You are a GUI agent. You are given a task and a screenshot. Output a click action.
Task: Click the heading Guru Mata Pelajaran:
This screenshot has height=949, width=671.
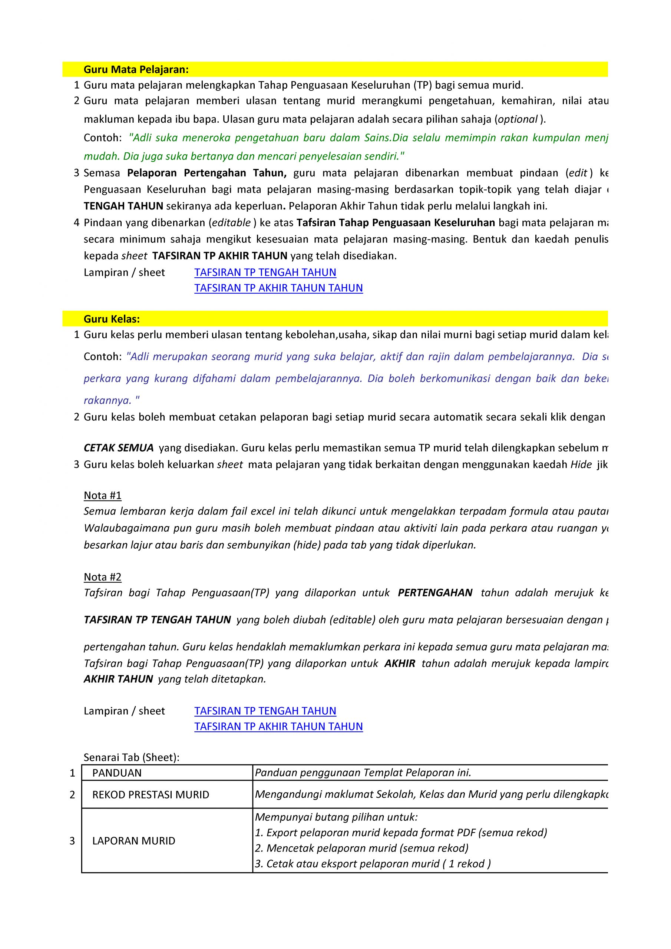136,69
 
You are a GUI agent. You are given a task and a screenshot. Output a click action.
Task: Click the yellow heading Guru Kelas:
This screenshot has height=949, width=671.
112,319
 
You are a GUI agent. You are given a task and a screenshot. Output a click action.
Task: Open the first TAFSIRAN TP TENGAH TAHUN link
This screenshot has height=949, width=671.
265,272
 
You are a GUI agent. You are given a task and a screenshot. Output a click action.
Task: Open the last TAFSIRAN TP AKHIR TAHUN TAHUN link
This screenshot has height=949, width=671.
278,726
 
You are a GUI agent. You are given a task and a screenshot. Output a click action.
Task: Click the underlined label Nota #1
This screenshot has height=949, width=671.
103,495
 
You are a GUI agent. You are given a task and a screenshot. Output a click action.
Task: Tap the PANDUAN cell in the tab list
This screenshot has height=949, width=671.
117,773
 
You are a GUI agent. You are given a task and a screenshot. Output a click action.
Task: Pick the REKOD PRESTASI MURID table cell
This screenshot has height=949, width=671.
151,794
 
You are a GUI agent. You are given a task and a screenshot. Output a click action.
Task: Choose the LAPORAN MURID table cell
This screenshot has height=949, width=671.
133,841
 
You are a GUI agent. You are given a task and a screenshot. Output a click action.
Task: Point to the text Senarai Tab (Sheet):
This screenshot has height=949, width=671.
132,757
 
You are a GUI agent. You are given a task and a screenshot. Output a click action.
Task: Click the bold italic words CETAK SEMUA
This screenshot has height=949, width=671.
119,448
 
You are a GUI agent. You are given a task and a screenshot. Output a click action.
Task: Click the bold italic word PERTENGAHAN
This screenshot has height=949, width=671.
435,593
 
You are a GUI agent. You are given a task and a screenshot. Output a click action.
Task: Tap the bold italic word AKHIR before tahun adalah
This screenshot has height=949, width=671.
400,664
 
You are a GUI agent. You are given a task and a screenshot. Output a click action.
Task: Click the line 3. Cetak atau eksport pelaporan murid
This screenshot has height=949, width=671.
373,864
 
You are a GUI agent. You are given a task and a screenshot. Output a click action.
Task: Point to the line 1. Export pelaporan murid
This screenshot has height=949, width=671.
401,833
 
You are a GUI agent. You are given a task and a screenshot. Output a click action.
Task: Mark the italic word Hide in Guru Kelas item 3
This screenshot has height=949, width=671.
581,464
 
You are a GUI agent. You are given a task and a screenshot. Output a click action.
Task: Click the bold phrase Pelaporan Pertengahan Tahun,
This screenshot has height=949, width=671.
207,173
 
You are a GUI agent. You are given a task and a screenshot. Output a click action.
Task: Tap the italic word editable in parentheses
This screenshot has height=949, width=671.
231,223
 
